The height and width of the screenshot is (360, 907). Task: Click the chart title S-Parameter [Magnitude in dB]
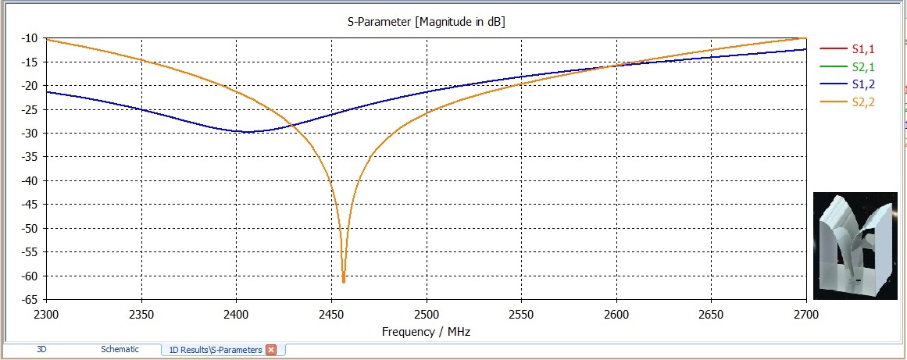coord(426,23)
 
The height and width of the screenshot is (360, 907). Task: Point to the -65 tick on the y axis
coord(29,300)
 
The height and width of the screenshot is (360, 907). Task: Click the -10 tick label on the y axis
coord(29,38)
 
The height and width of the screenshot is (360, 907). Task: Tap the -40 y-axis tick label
coord(29,181)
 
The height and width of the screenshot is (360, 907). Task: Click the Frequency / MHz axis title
coord(426,331)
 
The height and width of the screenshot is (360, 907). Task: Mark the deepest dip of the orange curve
coord(344,281)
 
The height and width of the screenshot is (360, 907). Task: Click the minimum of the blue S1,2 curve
coord(247,132)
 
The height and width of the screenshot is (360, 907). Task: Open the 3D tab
coord(41,350)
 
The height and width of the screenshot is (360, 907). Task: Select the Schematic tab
coord(120,350)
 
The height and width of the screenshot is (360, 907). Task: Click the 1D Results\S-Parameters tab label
coord(216,350)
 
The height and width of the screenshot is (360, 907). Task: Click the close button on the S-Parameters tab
coord(271,350)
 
